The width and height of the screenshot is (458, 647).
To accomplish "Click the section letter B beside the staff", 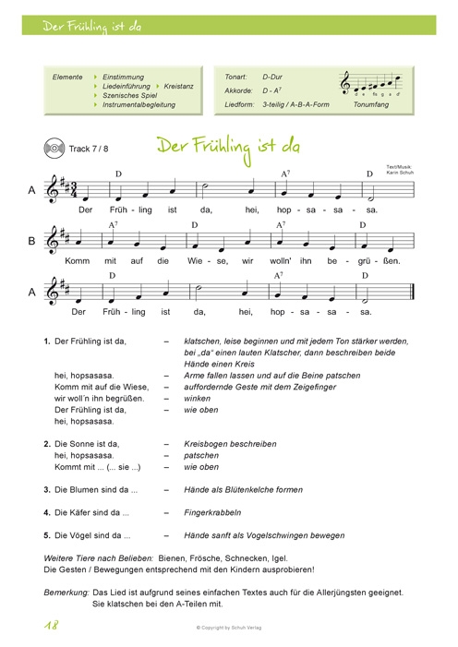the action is point(31,242).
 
